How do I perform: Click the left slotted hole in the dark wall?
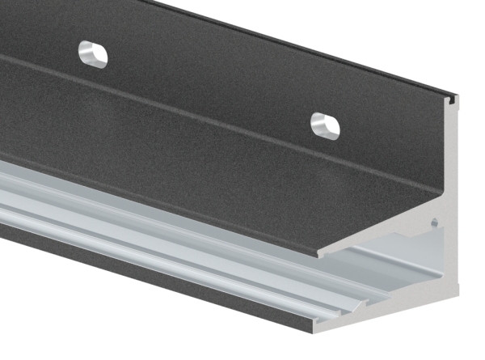pyautogui.click(x=93, y=53)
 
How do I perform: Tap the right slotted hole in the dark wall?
pyautogui.click(x=326, y=125)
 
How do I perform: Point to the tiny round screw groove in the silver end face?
pyautogui.click(x=435, y=220)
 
